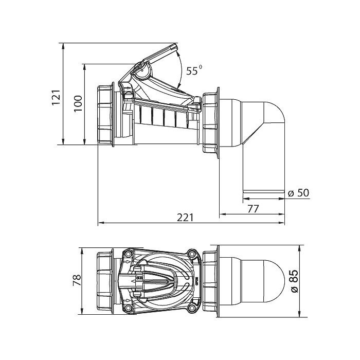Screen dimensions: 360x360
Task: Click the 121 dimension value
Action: point(56,97)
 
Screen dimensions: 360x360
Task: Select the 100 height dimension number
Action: point(78,103)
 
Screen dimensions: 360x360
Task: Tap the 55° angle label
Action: point(194,70)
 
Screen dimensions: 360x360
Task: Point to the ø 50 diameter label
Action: point(298,193)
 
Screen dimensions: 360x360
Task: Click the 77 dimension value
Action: point(253,209)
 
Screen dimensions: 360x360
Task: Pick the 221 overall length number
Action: point(185,218)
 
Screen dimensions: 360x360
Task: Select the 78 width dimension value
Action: point(77,280)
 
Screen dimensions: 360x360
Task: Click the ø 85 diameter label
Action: point(294,281)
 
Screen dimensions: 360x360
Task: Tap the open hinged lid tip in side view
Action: point(176,46)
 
